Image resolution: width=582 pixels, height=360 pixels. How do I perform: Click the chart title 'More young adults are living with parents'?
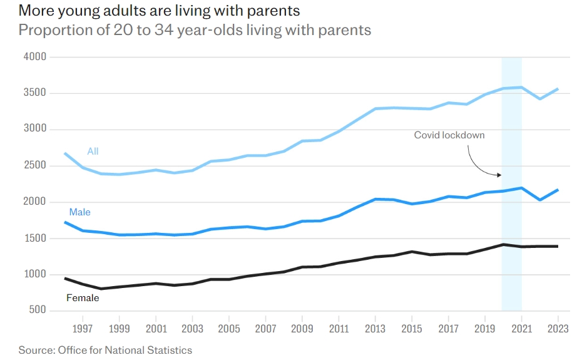159,11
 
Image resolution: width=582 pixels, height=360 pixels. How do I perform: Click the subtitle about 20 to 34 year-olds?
195,30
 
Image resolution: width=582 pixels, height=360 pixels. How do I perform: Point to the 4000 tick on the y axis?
34,57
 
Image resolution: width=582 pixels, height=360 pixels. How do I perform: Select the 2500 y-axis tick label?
34,166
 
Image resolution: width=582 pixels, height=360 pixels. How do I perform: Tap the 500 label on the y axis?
38,311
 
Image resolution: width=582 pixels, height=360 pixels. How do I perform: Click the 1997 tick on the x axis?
83,328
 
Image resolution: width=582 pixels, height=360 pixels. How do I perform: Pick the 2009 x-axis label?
302,328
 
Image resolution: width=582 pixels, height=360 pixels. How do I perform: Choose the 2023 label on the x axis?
558,328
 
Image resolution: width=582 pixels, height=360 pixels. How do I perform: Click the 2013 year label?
375,328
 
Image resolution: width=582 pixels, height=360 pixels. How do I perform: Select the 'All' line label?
93,152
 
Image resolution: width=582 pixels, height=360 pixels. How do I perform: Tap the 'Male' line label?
79,212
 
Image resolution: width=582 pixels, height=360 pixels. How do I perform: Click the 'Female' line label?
83,298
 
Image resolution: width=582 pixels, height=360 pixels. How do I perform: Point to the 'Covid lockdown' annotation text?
449,135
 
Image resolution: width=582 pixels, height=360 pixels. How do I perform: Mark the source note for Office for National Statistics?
105,350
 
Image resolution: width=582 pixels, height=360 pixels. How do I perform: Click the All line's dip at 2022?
539,99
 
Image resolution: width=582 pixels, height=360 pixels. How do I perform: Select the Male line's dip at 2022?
539,200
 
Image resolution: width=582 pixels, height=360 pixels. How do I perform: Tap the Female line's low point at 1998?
101,289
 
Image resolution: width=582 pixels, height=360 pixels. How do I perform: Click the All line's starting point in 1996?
65,153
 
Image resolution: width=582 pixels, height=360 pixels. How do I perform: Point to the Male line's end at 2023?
558,190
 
